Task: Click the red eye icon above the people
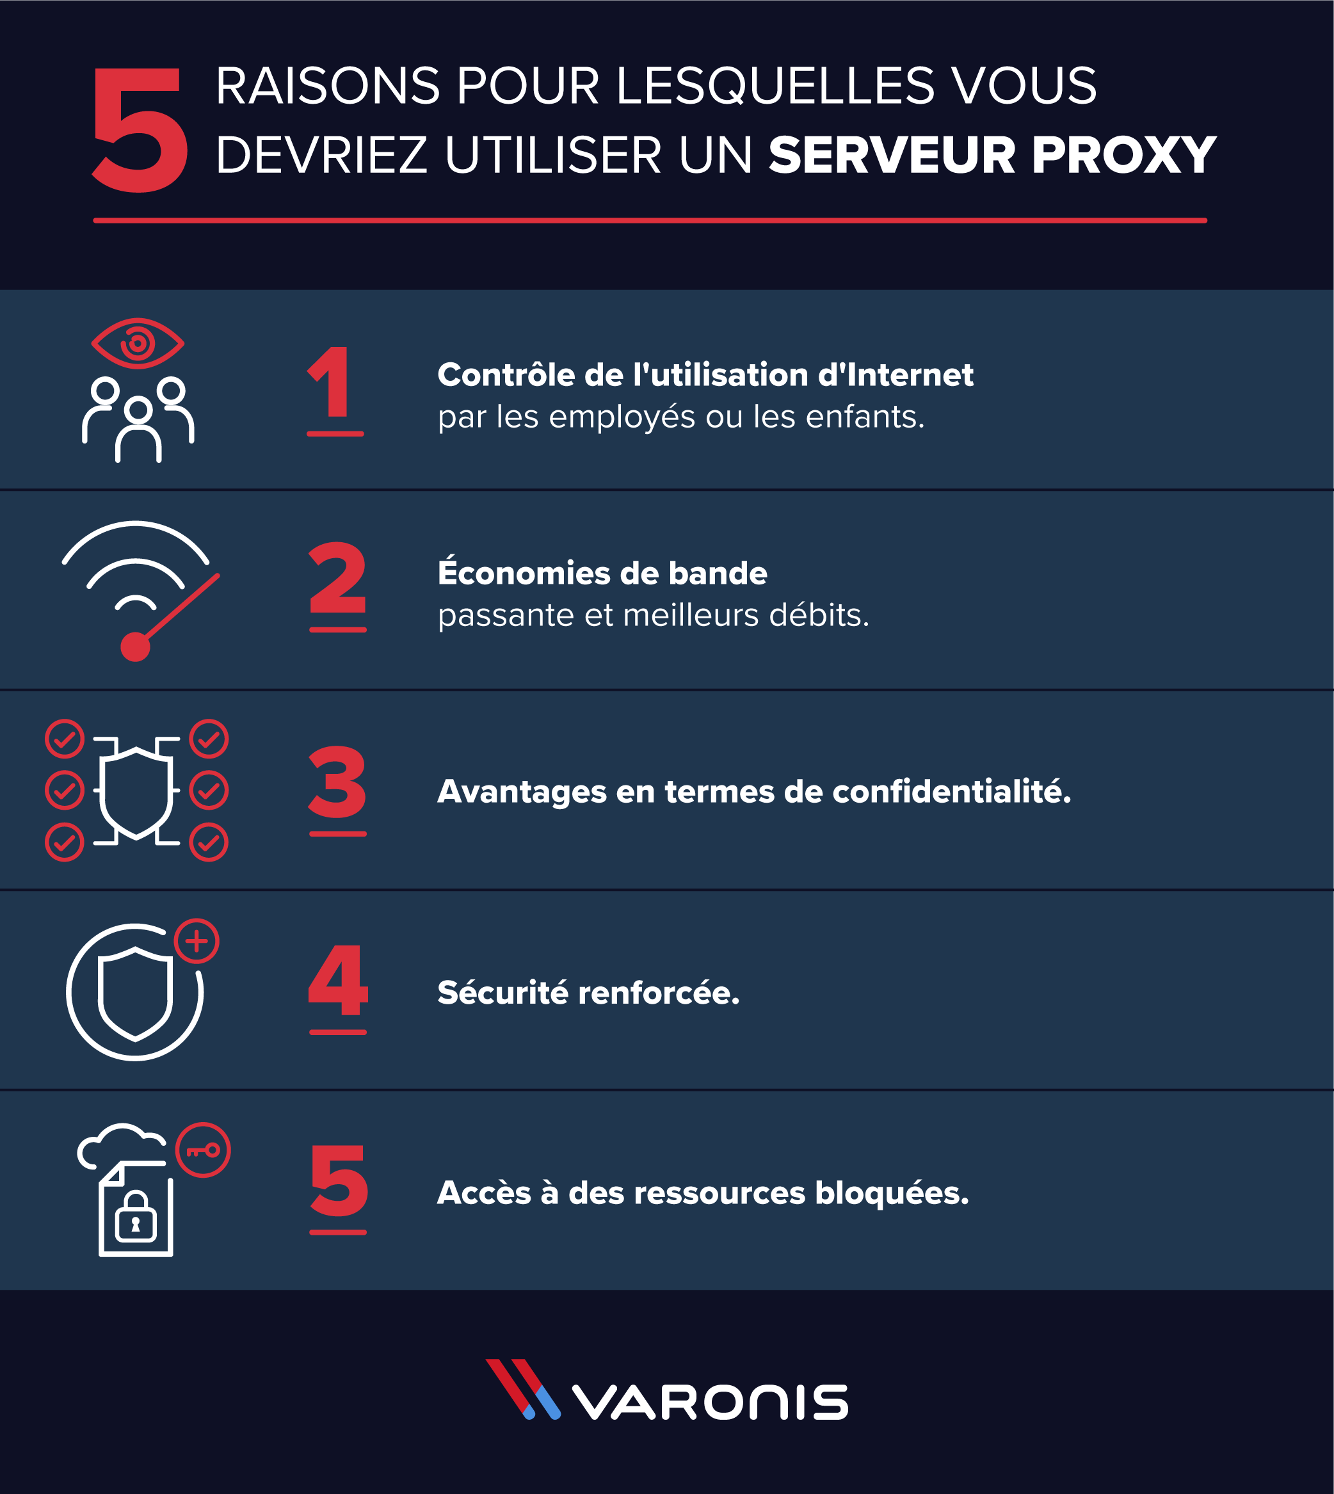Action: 137,343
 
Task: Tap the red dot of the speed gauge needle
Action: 135,647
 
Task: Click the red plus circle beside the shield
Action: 197,941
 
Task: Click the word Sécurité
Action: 503,993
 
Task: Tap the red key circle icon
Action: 203,1150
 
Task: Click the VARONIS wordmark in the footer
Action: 709,1402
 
